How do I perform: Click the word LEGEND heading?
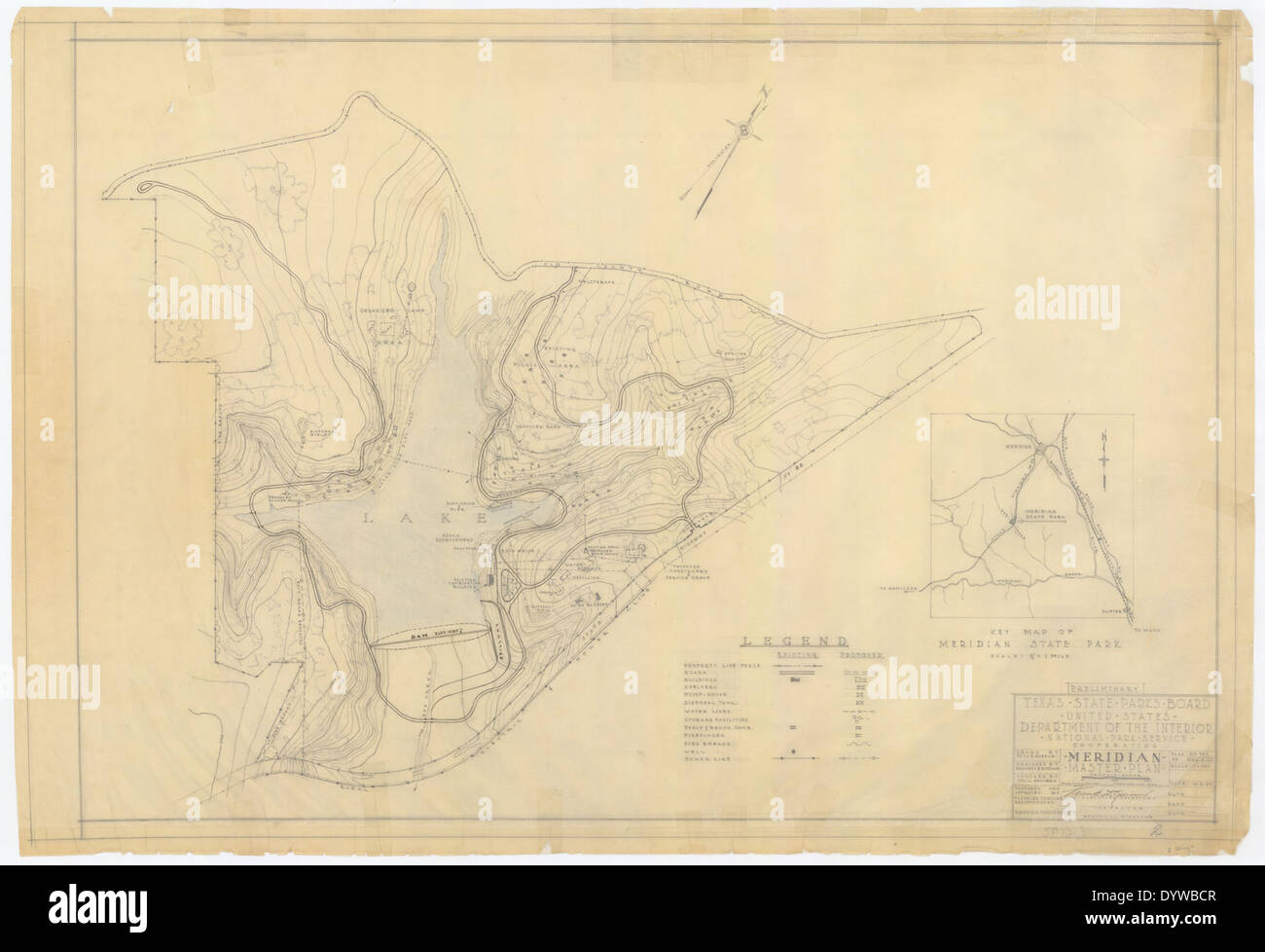794,641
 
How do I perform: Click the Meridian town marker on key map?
1038,449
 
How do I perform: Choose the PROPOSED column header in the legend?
860,657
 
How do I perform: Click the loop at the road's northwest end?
144,188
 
